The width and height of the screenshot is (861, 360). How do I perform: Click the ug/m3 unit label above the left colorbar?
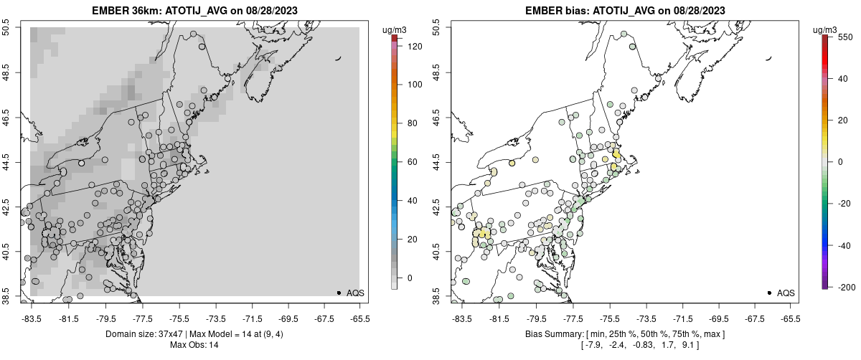395,29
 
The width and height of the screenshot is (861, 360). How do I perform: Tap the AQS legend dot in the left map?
339,293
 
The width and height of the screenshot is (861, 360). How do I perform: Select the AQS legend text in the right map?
786,293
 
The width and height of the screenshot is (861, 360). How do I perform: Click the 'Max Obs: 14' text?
194,345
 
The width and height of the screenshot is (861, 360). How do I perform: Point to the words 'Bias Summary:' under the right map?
551,334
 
